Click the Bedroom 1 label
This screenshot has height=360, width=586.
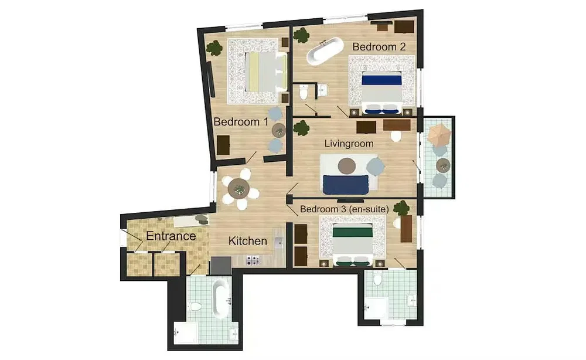click(241, 122)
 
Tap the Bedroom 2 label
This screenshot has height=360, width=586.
click(379, 47)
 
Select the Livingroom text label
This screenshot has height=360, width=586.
click(349, 144)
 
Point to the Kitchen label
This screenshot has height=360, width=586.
click(248, 241)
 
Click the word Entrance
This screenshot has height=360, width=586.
click(171, 236)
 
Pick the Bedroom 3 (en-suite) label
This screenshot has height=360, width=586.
click(344, 209)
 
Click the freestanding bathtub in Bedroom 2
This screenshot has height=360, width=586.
click(325, 52)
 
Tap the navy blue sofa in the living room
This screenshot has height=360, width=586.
click(346, 185)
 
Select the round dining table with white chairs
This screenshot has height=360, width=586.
click(239, 188)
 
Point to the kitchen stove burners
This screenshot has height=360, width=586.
click(252, 260)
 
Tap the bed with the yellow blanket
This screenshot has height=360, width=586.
click(266, 72)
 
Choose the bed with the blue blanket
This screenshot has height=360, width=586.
click(381, 92)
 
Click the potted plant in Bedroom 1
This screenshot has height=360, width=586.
click(214, 48)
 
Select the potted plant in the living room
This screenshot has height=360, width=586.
click(301, 128)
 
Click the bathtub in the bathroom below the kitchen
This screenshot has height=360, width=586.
click(220, 299)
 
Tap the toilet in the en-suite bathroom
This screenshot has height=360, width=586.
click(377, 279)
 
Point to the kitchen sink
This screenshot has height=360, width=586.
click(278, 243)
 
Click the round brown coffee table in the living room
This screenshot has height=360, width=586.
click(347, 165)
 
